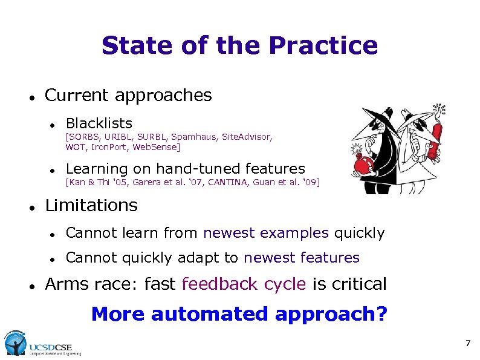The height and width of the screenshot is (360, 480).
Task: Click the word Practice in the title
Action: [x=323, y=46]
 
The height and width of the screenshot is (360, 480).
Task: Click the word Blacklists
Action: [x=99, y=124]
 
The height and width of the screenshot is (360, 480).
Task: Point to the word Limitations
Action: [x=91, y=206]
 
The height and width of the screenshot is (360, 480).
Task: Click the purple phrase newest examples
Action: [x=266, y=233]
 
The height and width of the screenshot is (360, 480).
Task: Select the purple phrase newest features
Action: [x=302, y=258]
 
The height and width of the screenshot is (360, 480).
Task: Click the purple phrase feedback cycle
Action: [x=244, y=284]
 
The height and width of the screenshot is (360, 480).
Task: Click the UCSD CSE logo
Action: [x=42, y=344]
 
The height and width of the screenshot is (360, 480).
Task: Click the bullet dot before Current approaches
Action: [x=30, y=96]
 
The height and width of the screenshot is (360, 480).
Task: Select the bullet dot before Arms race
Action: [x=30, y=284]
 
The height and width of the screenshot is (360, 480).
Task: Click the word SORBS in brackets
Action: [x=81, y=137]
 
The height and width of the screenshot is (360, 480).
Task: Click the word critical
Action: [x=358, y=284]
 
